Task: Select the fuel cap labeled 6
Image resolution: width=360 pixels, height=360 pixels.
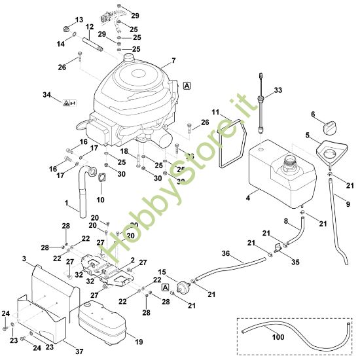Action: [x=325, y=123]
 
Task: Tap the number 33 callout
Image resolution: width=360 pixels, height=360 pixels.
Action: [x=278, y=90]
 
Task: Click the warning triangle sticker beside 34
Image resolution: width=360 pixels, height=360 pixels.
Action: [x=68, y=103]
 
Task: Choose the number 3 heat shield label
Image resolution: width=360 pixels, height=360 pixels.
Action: [x=26, y=261]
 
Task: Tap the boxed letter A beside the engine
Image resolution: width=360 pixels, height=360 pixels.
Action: [x=188, y=85]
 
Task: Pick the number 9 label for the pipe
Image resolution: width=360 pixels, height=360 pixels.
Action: [x=347, y=204]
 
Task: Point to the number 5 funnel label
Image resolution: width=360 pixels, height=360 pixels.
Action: [x=307, y=135]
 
